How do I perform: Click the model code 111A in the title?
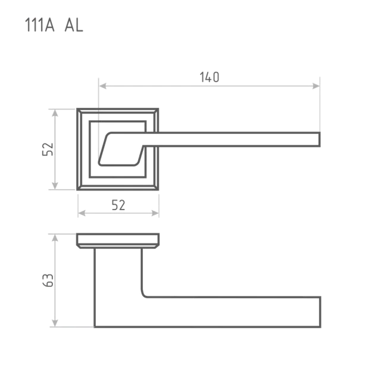[x=40, y=25]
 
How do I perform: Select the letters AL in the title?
[x=74, y=25]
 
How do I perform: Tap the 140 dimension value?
[x=210, y=77]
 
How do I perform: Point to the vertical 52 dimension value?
[x=48, y=149]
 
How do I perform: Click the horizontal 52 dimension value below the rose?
[x=118, y=205]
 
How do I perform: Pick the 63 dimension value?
[x=48, y=280]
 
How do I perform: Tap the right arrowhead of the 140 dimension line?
[x=316, y=86]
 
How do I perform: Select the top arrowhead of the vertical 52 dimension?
[x=55, y=113]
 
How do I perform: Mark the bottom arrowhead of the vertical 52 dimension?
[x=55, y=185]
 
